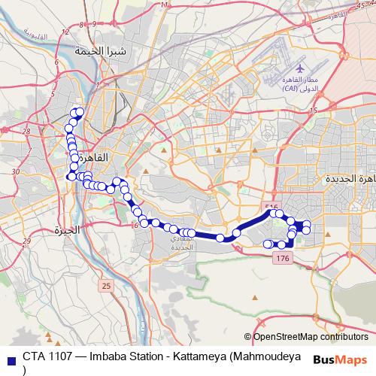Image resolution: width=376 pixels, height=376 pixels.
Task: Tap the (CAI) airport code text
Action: coord(290,89)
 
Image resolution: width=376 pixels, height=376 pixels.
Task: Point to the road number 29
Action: coord(26,241)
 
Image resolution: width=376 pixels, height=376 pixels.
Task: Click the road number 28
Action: coord(26,130)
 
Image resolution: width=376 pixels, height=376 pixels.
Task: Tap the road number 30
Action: coord(17,173)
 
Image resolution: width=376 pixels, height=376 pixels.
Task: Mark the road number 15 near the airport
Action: coord(313,111)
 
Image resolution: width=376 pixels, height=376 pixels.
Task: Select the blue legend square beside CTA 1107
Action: coord(11,356)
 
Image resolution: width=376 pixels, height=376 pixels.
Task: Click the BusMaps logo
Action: coord(341,359)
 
